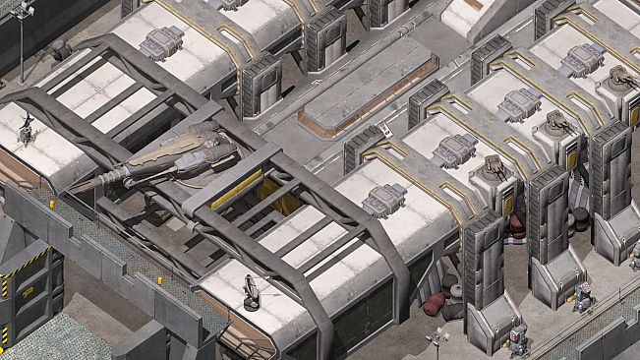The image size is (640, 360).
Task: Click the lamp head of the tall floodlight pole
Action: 23,10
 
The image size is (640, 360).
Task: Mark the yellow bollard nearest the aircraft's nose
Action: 51,204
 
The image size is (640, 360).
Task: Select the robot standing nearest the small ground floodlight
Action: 517,339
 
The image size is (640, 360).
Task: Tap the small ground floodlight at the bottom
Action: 436,340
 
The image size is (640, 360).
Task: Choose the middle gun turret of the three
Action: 557,123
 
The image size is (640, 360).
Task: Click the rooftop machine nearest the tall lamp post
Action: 162,41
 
